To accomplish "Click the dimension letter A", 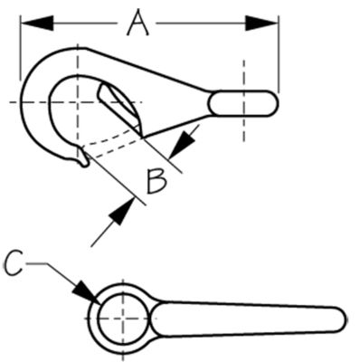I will (x=137, y=23).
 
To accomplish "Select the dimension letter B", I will (x=156, y=182).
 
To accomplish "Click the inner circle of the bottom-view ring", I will (x=120, y=320).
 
